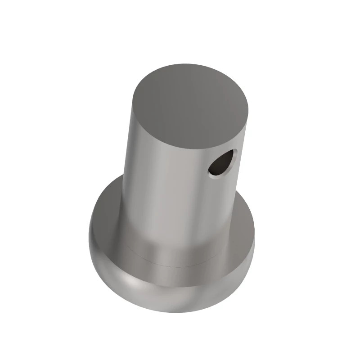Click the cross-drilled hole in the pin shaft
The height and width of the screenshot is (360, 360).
click(x=221, y=162)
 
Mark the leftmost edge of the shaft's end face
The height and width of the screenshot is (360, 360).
click(x=134, y=103)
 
